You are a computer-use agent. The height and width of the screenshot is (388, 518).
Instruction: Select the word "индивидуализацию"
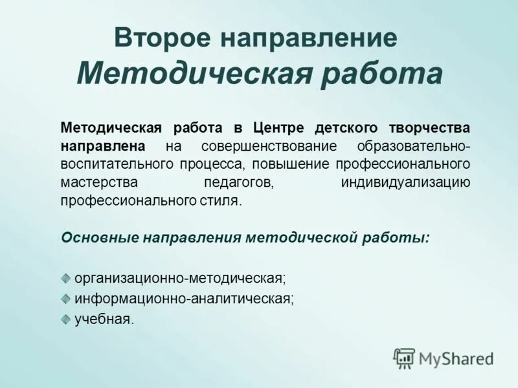pyautogui.click(x=405, y=182)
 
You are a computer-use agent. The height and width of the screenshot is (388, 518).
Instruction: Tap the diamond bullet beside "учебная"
pyautogui.click(x=66, y=318)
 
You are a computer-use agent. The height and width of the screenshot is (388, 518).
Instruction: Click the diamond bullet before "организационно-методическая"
pyautogui.click(x=66, y=277)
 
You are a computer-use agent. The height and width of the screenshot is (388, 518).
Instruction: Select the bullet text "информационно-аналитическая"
pyautogui.click(x=185, y=298)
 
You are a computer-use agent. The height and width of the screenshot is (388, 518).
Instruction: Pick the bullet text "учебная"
pyautogui.click(x=104, y=318)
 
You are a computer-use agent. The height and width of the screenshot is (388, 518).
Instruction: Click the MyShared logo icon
pyautogui.click(x=404, y=358)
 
